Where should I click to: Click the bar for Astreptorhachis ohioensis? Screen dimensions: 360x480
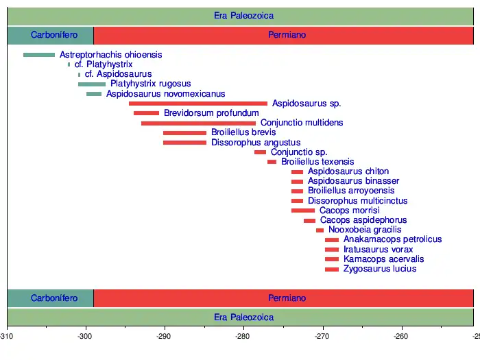coord(39,55)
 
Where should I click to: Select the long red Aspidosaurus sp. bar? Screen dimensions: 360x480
coord(197,104)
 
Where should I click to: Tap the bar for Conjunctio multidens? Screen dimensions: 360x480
coord(198,123)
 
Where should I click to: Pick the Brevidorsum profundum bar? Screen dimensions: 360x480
coord(146,113)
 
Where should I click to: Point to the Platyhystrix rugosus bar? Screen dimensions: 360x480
coord(92,84)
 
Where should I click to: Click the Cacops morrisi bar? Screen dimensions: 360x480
coord(303,211)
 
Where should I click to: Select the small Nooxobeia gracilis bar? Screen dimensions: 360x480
coord(320,230)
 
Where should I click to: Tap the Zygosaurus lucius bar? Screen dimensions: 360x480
coord(332,269)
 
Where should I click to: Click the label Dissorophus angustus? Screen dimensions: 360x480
coord(248,143)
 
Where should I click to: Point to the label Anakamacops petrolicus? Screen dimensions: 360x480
coord(392,240)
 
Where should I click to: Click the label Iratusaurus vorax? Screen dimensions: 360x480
coord(379,250)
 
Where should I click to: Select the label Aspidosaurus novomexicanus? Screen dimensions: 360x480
coord(165,94)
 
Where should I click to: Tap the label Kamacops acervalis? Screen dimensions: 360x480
coord(384,259)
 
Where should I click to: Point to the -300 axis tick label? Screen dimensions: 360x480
coord(86,337)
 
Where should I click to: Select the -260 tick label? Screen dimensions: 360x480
coord(401,337)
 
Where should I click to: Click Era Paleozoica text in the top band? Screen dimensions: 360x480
coord(243,16)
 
